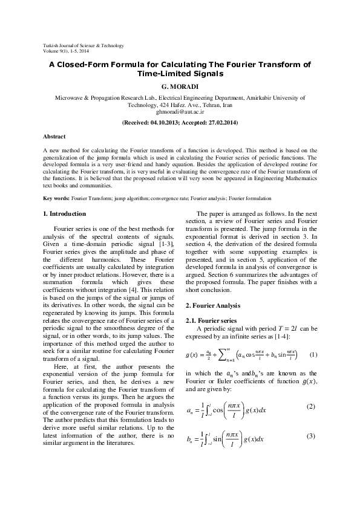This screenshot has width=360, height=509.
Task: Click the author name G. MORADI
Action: (180, 86)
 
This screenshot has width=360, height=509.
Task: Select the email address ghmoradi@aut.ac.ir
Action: (180, 112)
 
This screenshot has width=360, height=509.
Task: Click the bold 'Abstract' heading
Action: (54, 137)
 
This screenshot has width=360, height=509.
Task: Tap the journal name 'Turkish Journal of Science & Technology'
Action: (83, 45)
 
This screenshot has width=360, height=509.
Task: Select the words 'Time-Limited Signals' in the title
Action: (180, 74)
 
